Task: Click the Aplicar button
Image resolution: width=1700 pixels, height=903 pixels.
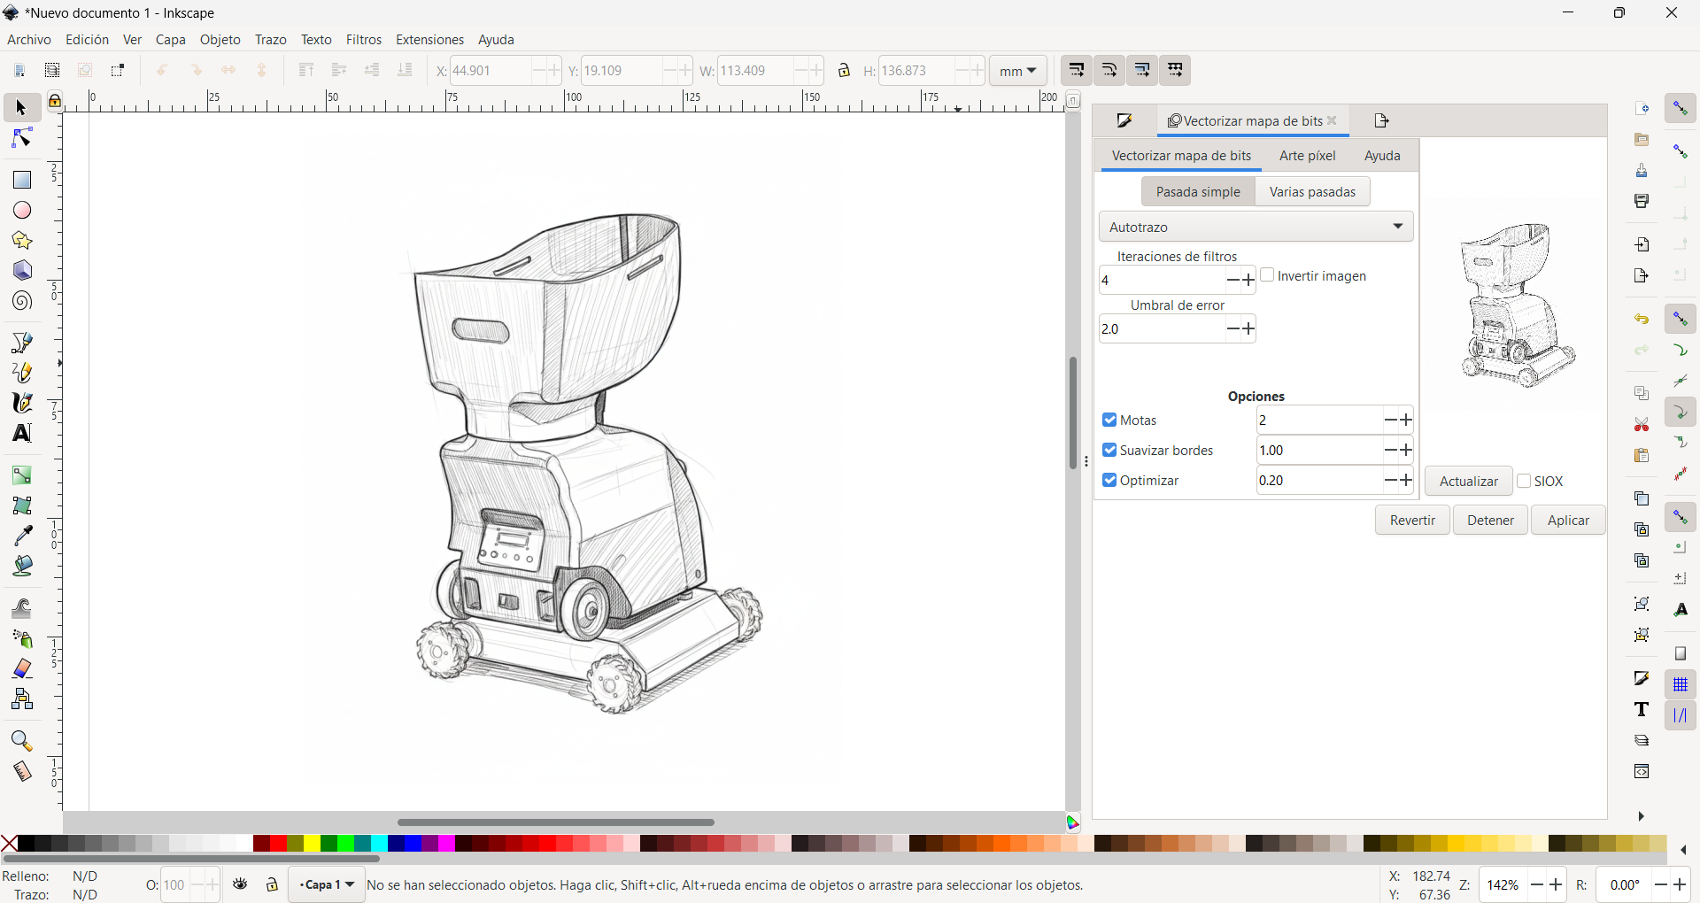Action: pos(1568,521)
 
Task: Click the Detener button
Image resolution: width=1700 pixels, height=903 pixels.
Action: pos(1490,521)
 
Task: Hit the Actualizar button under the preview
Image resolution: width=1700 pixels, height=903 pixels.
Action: pos(1468,482)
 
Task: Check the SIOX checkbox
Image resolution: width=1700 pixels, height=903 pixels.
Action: pos(1524,482)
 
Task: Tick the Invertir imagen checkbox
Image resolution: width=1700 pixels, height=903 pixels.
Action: pos(1267,275)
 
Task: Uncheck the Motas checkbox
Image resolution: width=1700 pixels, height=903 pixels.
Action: pos(1109,421)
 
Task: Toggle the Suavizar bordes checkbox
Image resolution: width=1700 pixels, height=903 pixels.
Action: pos(1109,451)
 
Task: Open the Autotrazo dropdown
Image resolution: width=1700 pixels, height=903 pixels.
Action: pos(1256,228)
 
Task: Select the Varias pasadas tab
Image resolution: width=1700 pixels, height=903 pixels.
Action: pos(1312,192)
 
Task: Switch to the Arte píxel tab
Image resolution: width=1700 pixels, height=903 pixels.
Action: pos(1307,156)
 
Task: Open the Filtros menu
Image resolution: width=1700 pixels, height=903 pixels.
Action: pos(363,40)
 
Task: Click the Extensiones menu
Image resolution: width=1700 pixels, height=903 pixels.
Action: pos(429,40)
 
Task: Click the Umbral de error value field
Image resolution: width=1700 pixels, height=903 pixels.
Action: pos(1160,329)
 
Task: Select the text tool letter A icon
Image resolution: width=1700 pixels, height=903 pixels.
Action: pos(22,434)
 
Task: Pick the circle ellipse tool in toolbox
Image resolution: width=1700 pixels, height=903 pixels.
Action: pos(22,211)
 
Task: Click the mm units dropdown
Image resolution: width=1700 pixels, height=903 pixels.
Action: pos(1017,71)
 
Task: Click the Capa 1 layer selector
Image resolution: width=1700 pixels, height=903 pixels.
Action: pos(326,885)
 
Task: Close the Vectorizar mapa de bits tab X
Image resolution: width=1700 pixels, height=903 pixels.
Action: pos(1332,120)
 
